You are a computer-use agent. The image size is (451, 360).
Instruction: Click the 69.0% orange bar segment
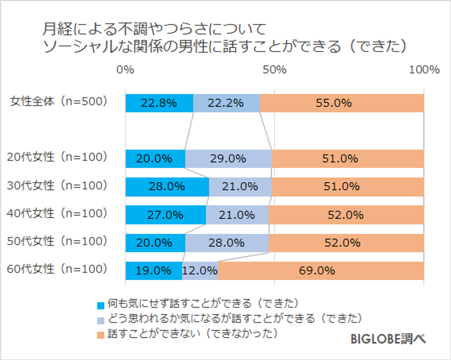[321, 271]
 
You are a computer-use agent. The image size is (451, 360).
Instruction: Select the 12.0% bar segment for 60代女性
[200, 271]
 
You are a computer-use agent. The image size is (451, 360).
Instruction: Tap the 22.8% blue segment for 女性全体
[159, 103]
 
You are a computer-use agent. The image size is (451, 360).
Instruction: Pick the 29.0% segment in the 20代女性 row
[228, 159]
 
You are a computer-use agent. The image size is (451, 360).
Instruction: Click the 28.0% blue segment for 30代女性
[167, 187]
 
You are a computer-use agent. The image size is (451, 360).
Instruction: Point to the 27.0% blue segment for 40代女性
[165, 215]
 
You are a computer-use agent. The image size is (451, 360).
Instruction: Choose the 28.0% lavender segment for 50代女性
[227, 243]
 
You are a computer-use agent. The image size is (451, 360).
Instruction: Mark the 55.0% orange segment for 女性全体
[341, 103]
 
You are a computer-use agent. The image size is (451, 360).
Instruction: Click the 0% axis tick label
[125, 69]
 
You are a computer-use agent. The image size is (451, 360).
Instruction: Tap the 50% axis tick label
[274, 69]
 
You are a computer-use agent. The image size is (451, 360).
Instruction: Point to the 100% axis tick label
[424, 69]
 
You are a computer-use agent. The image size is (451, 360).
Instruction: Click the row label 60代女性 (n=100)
[57, 268]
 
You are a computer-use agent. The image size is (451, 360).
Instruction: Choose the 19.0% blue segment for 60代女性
[154, 271]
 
